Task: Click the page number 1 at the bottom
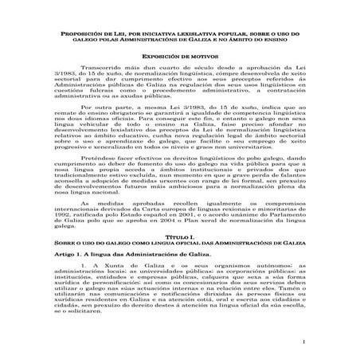(x=303, y=343)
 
